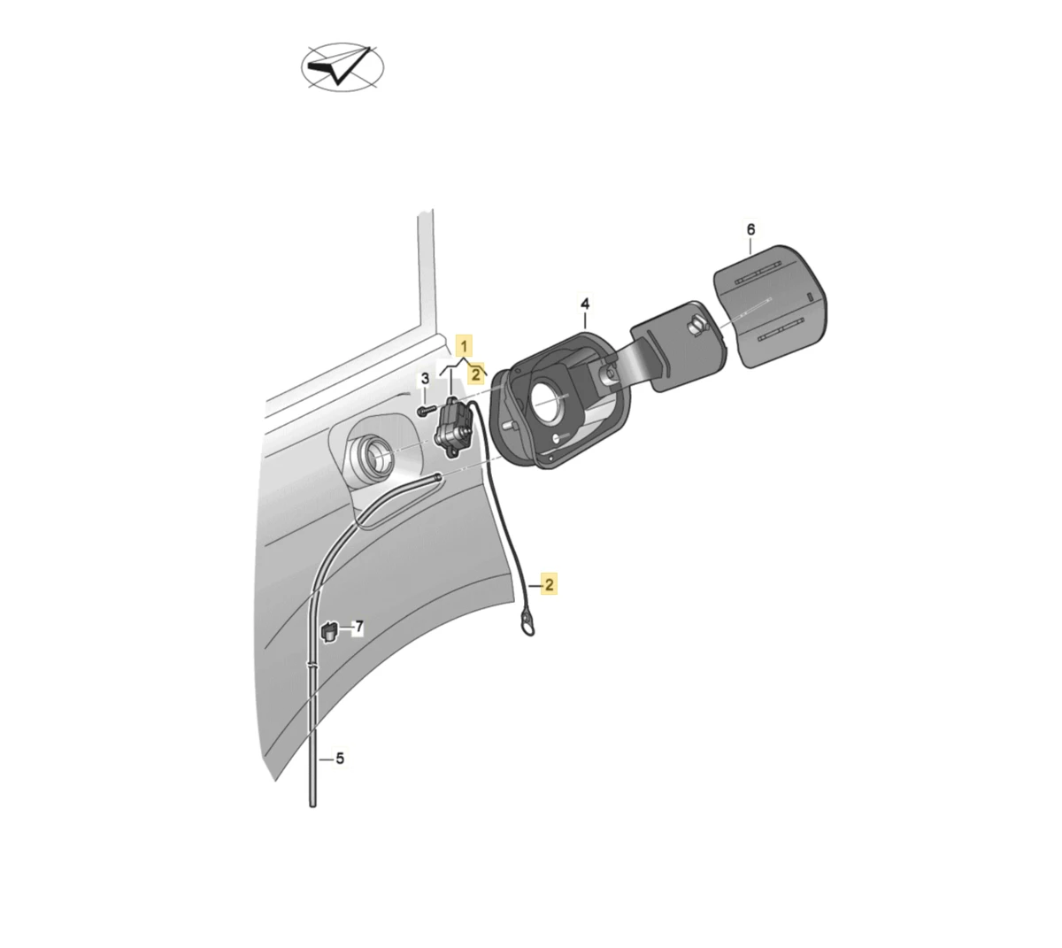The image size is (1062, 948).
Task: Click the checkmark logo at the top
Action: pos(342,67)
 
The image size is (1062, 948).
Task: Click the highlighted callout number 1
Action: pos(464,346)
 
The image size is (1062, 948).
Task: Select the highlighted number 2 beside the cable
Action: pos(549,584)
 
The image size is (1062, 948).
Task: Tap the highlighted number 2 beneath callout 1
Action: pos(475,374)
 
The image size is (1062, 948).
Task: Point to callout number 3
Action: pos(425,378)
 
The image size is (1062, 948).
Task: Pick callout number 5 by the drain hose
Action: pos(340,759)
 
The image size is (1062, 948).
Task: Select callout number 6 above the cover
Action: pos(750,229)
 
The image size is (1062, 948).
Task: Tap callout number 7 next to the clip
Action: pos(358,627)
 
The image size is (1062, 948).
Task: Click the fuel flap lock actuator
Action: pos(453,428)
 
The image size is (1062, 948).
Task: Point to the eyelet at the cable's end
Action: pos(527,626)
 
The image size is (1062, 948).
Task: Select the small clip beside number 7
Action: pos(328,631)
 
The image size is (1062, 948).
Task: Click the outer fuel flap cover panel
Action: pos(771,307)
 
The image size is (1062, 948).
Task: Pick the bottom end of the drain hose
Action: pos(313,804)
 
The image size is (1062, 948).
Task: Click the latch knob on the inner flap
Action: pos(697,325)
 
